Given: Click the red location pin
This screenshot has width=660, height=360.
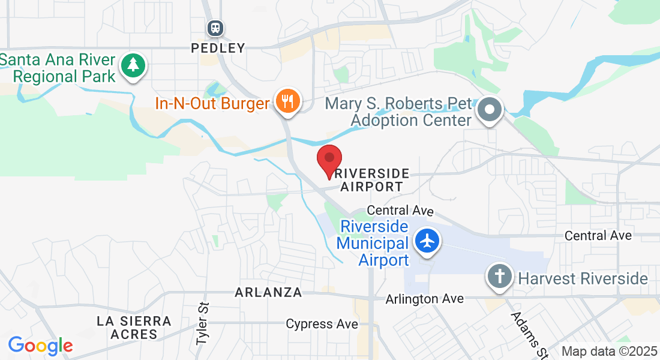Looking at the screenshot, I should (x=329, y=160).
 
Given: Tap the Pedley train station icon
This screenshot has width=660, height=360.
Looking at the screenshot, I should (x=215, y=28).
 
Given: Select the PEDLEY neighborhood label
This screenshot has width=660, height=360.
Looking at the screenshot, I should (x=218, y=48).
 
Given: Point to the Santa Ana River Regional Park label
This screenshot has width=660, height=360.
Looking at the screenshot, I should (x=58, y=68).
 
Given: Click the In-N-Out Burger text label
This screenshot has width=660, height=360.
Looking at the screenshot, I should (x=212, y=104).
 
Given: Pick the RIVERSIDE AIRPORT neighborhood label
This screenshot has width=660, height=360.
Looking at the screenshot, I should (x=372, y=180).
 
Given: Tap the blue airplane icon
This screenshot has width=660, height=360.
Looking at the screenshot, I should (x=427, y=241).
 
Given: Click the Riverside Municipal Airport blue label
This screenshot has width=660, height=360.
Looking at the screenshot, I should (x=372, y=244).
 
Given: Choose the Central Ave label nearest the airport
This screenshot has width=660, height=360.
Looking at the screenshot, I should (x=400, y=211).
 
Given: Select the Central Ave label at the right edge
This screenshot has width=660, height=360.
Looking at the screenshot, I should (x=598, y=236).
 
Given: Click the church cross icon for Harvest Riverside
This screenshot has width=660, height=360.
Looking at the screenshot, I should (x=500, y=277).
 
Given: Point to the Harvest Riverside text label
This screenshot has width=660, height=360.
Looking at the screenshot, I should (x=583, y=279).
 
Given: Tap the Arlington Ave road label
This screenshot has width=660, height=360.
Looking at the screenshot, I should (x=425, y=299).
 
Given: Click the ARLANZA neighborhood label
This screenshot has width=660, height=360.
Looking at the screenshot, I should (x=268, y=293).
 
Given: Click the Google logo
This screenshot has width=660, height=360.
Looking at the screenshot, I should (x=40, y=346).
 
